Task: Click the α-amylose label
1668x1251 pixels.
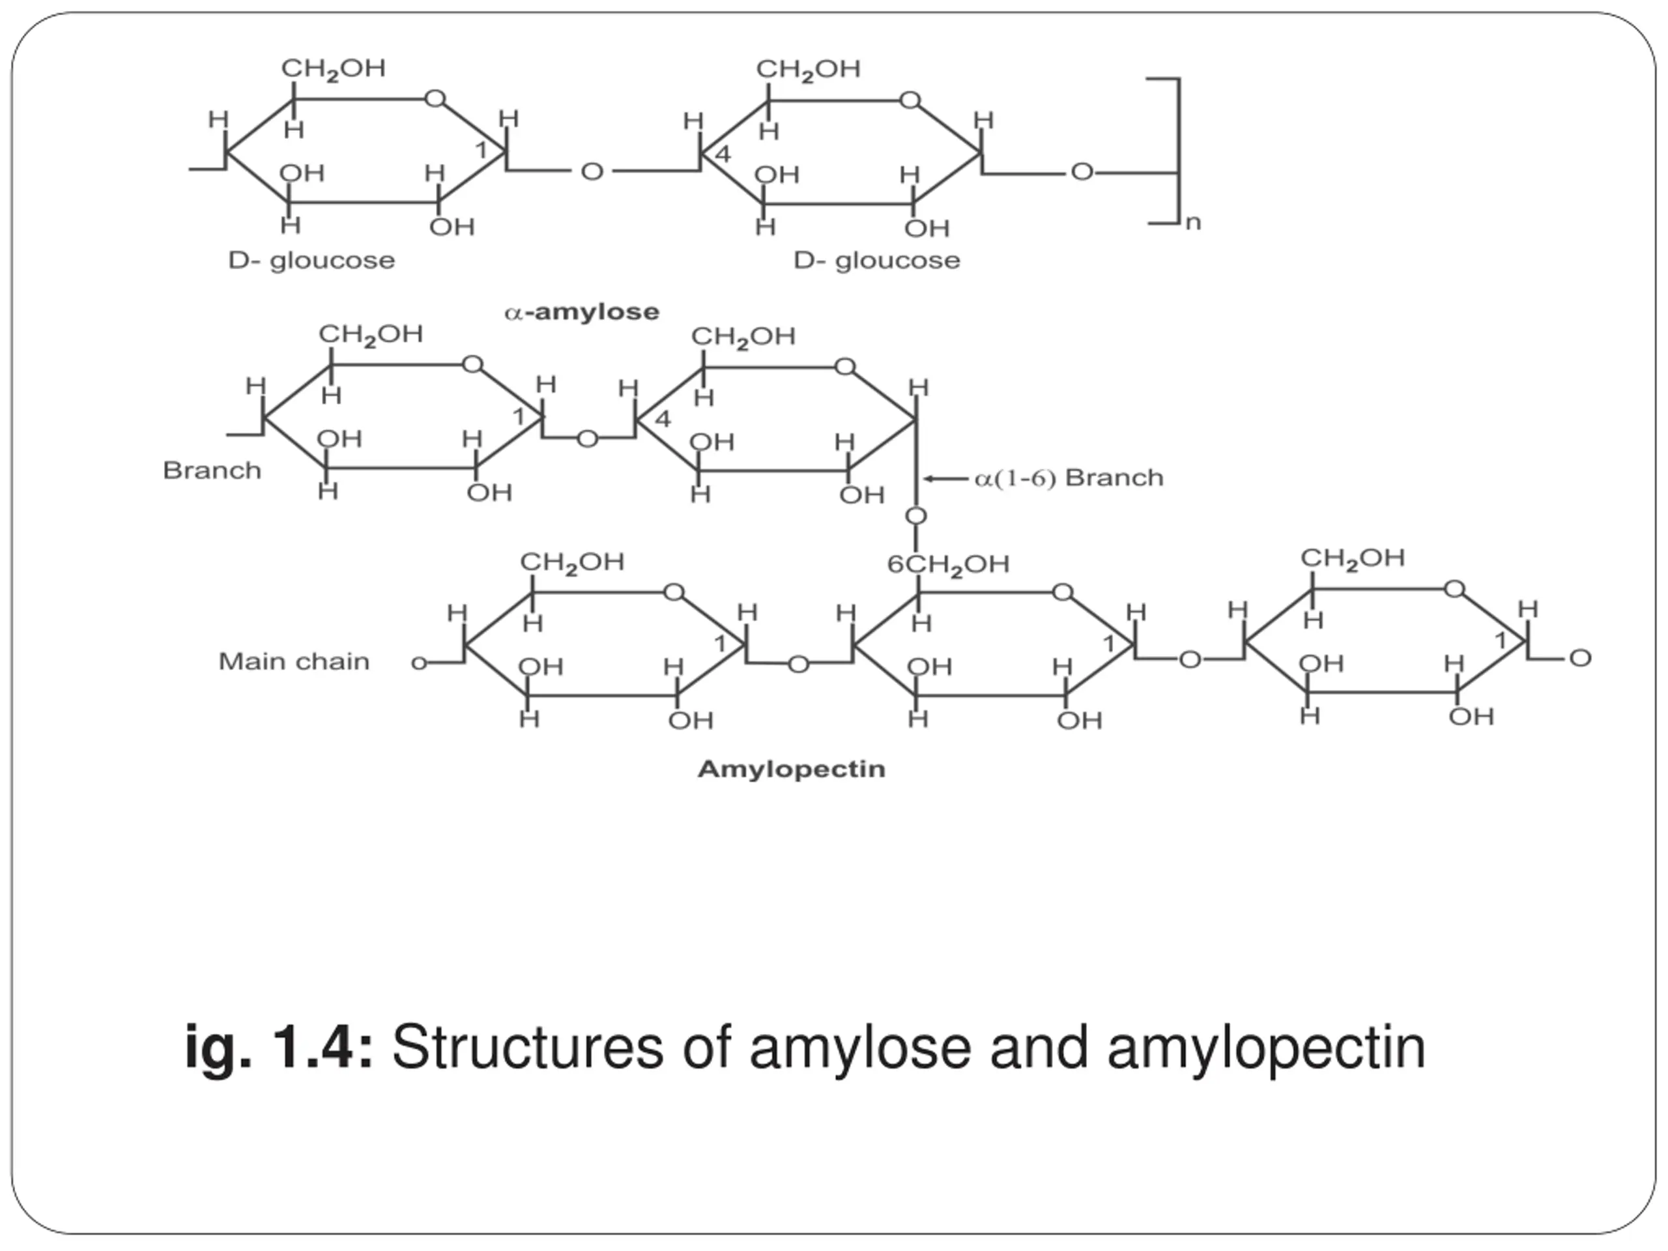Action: tap(581, 311)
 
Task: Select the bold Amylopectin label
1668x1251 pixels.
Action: tap(791, 769)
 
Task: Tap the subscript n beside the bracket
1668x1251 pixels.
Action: tap(1192, 223)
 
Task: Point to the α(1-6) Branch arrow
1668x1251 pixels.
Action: tap(945, 478)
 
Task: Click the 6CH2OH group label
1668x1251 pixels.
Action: tap(948, 564)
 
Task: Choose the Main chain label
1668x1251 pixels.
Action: tap(294, 661)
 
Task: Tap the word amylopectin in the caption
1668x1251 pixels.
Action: tap(1266, 1049)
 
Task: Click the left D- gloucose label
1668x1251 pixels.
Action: tap(311, 261)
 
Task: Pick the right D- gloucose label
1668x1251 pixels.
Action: tap(877, 261)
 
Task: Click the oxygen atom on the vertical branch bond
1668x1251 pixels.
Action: tap(915, 516)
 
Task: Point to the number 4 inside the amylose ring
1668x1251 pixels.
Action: tap(723, 154)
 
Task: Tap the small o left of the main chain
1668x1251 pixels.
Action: tap(418, 663)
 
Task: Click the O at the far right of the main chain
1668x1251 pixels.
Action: tap(1580, 658)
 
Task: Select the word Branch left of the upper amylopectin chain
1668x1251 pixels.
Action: tap(212, 470)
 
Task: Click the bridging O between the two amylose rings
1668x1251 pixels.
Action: tap(592, 172)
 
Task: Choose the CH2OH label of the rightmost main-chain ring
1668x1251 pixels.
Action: tap(1352, 558)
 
